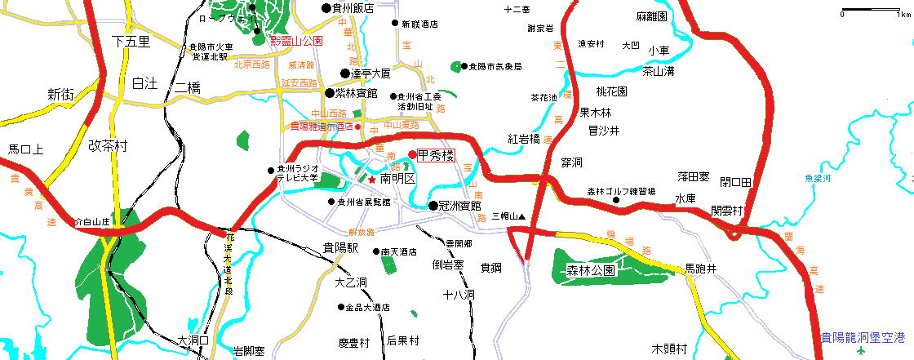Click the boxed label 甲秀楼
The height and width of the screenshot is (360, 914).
435,155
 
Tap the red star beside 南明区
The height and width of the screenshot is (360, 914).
372,180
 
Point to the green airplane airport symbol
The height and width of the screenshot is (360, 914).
863,351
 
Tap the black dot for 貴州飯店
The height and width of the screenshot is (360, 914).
326,8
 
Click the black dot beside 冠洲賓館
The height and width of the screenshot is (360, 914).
433,206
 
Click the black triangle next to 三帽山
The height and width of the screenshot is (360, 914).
521,216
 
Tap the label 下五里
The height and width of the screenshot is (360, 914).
131,41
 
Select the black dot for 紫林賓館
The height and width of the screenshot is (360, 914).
330,93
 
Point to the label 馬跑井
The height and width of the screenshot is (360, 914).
700,269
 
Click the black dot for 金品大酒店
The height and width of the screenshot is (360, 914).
341,308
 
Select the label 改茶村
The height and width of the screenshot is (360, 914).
109,146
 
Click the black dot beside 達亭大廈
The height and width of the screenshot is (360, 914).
345,73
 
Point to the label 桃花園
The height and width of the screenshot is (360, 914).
611,91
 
